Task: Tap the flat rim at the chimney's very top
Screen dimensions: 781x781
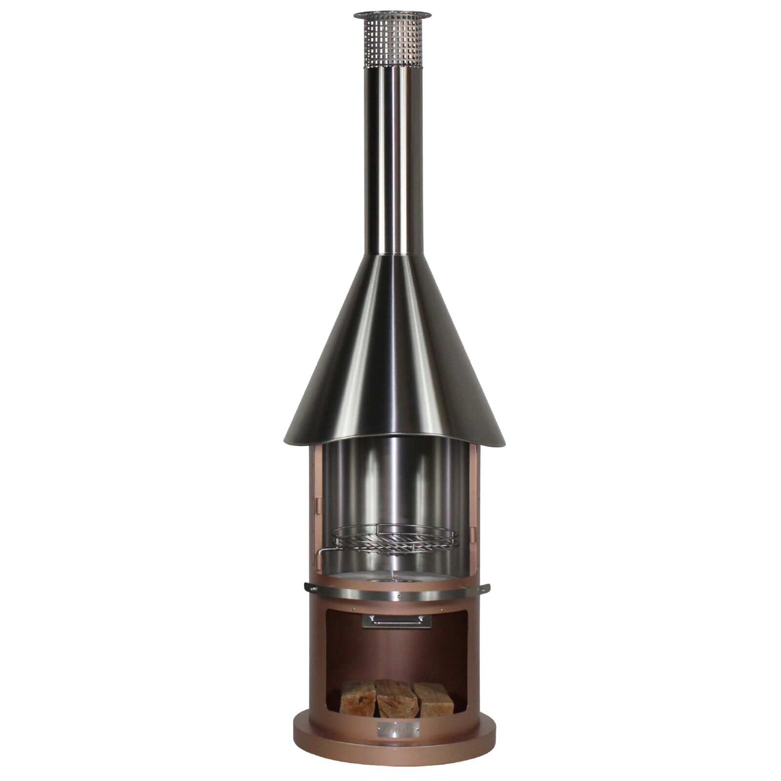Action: pos(392,15)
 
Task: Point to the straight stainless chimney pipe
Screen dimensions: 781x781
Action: pos(392,161)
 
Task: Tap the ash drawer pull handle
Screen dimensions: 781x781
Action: pos(396,620)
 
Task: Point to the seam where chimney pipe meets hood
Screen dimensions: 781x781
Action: pos(392,254)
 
